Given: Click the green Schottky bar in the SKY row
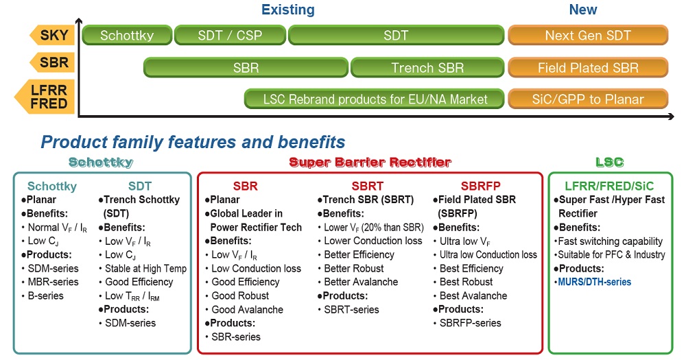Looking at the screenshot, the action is [127, 35].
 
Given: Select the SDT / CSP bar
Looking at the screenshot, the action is [230, 35].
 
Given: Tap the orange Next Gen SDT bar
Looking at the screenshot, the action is [588, 35].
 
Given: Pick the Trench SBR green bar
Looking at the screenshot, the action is [427, 68].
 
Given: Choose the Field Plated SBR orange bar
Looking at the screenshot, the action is [588, 68].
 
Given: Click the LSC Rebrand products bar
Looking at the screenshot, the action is [375, 99].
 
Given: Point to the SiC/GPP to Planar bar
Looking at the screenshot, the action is [588, 99].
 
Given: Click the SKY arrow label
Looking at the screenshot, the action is [52, 35].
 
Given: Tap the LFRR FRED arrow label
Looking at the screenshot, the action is [45, 97].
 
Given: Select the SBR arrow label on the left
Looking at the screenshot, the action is [52, 62].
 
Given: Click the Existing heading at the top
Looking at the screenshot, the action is [288, 10].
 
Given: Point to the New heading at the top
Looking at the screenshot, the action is [582, 10].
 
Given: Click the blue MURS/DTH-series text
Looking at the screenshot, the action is [595, 282].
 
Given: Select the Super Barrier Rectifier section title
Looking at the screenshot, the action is [370, 163].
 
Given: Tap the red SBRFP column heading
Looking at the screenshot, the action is [480, 186].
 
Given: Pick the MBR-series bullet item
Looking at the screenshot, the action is [53, 282].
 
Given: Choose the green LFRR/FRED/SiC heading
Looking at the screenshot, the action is [609, 186].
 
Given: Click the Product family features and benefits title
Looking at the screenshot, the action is [193, 142].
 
